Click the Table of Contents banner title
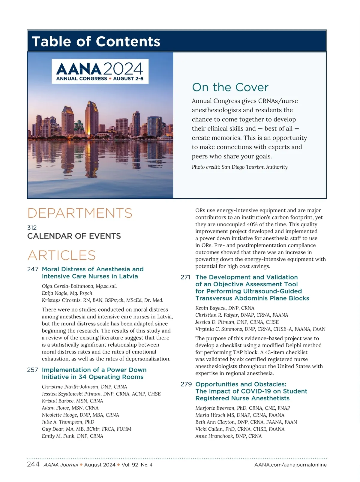point(96,41)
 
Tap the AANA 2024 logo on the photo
point(100,71)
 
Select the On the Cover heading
point(230,87)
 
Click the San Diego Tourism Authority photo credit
point(239,167)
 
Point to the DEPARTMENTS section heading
point(80,213)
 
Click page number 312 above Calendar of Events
point(32,228)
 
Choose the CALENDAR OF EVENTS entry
point(74,236)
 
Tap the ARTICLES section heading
point(61,255)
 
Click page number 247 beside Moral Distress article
point(33,269)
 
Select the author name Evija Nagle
point(67,293)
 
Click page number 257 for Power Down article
point(33,370)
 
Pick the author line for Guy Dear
point(86,429)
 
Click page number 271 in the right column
point(185,277)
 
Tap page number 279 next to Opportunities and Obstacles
point(186,384)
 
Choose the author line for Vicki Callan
point(240,429)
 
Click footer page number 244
point(33,464)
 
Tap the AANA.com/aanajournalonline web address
point(290,465)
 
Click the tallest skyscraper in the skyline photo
point(91,117)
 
